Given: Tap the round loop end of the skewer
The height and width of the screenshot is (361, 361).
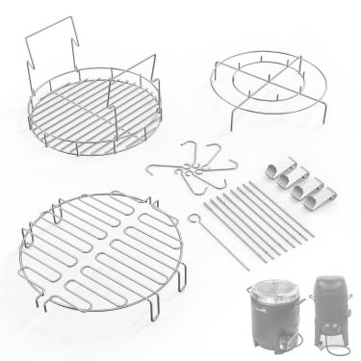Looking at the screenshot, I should point(195,191).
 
